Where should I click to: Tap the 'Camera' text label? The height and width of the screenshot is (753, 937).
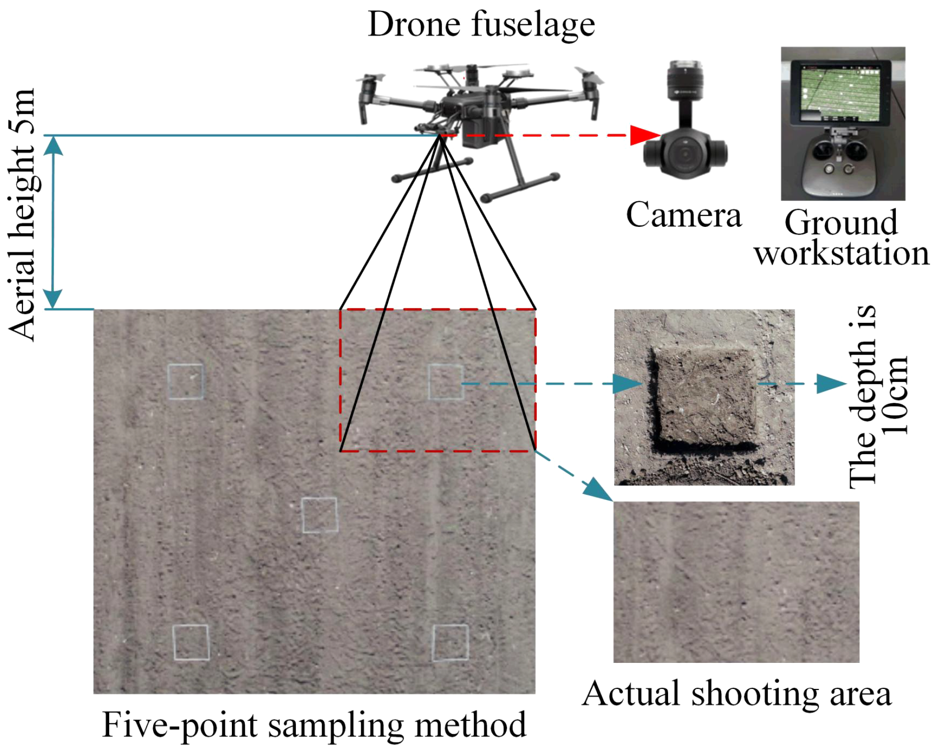tap(684, 215)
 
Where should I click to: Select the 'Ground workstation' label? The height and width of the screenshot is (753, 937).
tap(841, 238)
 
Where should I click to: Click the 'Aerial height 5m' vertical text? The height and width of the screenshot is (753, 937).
tap(23, 215)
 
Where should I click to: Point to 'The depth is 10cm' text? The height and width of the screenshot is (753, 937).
tap(879, 396)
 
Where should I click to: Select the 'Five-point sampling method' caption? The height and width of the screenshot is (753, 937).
tap(314, 725)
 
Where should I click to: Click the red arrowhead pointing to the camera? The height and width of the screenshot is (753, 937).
tap(645, 135)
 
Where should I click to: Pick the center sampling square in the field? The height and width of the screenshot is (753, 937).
tap(320, 515)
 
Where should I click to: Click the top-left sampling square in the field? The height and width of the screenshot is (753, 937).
tap(186, 382)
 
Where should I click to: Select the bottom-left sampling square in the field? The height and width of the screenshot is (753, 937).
tap(191, 642)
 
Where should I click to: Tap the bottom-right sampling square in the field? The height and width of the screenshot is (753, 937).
tap(451, 642)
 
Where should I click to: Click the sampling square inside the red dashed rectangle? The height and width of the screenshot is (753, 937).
tap(446, 382)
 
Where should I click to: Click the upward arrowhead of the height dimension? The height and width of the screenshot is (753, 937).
tap(54, 145)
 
